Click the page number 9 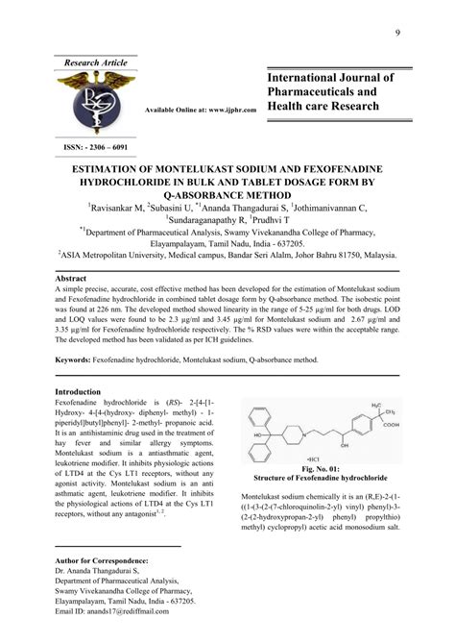[396, 36]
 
